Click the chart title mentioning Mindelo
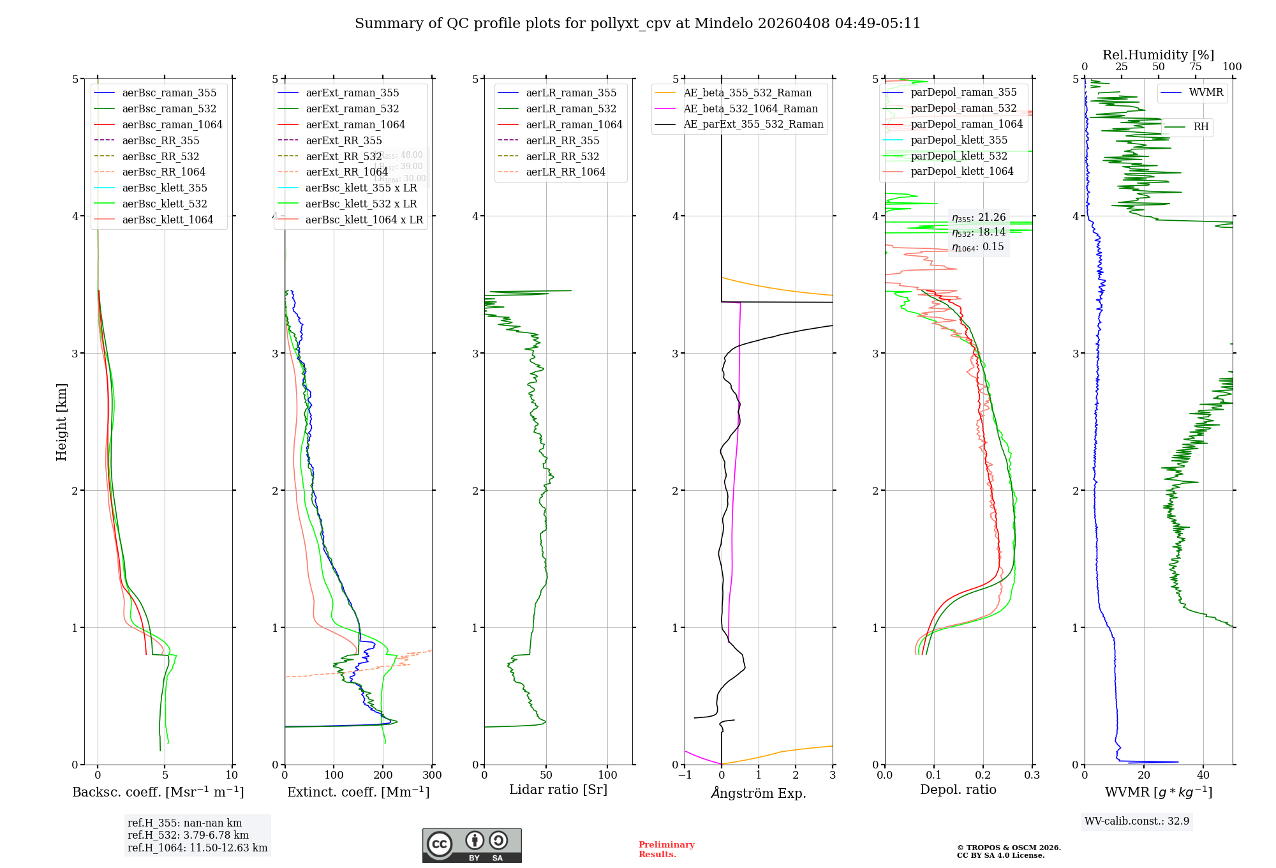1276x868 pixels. tap(637, 24)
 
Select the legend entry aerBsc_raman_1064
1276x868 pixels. tap(172, 124)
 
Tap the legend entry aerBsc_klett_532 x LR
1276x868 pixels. tap(361, 204)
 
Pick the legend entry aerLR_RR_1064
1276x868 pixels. tap(565, 172)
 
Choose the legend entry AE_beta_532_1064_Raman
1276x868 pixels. tap(750, 108)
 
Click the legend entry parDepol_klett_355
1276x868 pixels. tap(959, 140)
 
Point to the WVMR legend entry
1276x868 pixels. tap(1206, 93)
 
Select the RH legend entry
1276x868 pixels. tap(1201, 127)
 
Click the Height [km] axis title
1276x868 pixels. tap(61, 421)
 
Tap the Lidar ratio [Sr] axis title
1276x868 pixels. tap(558, 789)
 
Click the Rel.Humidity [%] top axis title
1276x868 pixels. tap(1158, 55)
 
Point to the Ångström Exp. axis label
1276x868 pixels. tap(759, 793)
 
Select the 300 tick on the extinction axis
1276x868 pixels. tap(432, 775)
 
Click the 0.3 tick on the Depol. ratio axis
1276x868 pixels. tap(1032, 775)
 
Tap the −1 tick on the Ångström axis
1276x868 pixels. tap(685, 775)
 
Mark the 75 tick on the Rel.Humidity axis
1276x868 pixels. tap(1195, 67)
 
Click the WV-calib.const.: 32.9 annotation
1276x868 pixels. tap(1137, 821)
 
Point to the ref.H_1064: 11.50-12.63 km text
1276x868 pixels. tap(197, 848)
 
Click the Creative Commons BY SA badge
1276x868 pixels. tap(471, 845)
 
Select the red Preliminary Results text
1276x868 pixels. tap(666, 849)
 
